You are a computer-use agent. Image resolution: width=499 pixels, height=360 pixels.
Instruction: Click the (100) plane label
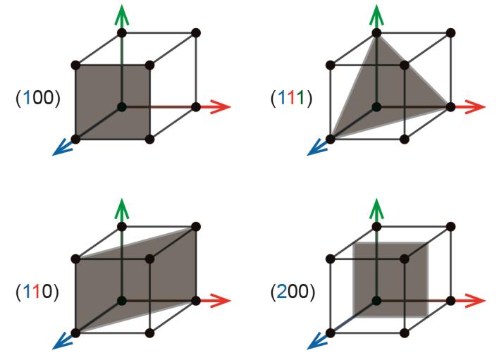[37, 97]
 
